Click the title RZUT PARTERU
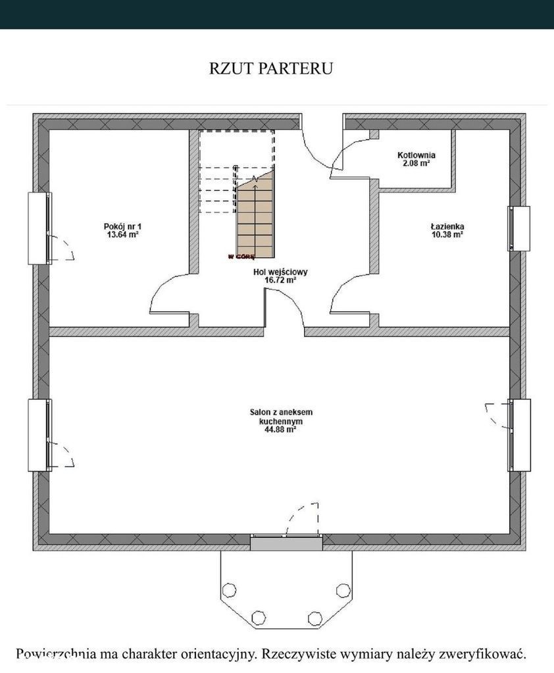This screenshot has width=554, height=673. (x=271, y=68)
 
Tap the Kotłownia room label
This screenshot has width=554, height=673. (x=416, y=155)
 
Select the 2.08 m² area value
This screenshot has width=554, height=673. (x=416, y=163)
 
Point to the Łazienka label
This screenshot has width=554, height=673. (x=447, y=226)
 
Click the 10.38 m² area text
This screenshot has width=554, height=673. (x=447, y=234)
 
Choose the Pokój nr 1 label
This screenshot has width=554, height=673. (x=122, y=226)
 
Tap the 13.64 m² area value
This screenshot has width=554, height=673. (x=122, y=234)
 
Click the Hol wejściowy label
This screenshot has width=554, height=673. (x=280, y=272)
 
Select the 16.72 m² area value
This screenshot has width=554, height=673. (x=280, y=280)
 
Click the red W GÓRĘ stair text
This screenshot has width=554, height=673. (x=241, y=257)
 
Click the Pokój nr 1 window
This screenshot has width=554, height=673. (x=40, y=228)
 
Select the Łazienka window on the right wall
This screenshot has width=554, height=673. (x=519, y=228)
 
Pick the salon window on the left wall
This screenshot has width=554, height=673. (x=40, y=436)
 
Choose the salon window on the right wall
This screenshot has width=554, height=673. (x=519, y=435)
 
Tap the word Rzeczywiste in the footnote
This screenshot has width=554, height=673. (x=298, y=655)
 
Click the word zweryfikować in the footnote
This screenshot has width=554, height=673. (x=483, y=655)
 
